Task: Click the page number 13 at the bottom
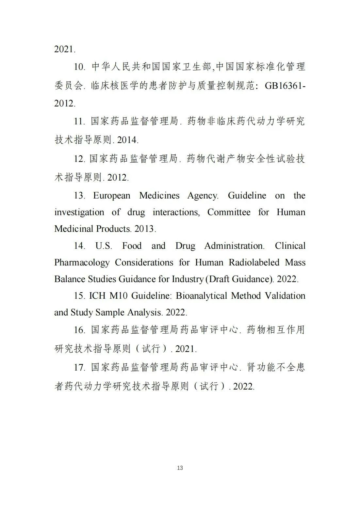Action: click(x=180, y=468)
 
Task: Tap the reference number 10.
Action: click(x=79, y=67)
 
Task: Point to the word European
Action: click(x=112, y=196)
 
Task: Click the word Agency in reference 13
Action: click(x=203, y=196)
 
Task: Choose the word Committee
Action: click(x=229, y=212)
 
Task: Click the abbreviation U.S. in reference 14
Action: click(x=104, y=246)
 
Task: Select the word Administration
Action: click(x=234, y=246)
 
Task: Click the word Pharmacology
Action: click(x=82, y=262)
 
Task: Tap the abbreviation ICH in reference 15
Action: click(x=97, y=296)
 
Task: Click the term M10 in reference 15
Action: click(x=119, y=296)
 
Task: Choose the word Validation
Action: click(x=285, y=296)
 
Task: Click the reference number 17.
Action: click(x=79, y=367)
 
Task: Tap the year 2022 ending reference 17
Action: click(x=243, y=387)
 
